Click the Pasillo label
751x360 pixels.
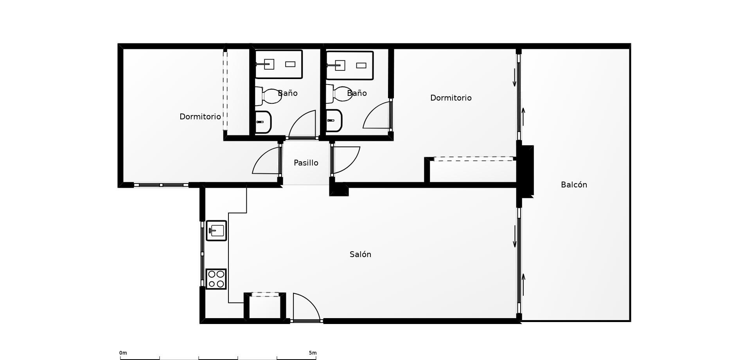pyautogui.click(x=306, y=163)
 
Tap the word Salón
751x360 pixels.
pyautogui.click(x=360, y=254)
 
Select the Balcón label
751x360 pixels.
pyautogui.click(x=574, y=185)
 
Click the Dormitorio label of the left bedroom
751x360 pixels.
pyautogui.click(x=200, y=117)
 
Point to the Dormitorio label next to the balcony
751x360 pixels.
pyautogui.click(x=451, y=98)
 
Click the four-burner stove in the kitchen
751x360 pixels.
pyautogui.click(x=216, y=279)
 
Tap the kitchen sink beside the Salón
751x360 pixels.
pyautogui.click(x=216, y=230)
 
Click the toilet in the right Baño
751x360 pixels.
pyautogui.click(x=339, y=94)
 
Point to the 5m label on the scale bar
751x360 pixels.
pyautogui.click(x=313, y=353)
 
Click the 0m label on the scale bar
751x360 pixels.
pyautogui.click(x=123, y=353)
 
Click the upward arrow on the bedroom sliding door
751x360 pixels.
pyautogui.click(x=523, y=117)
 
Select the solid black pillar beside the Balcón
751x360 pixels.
pyautogui.click(x=525, y=171)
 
